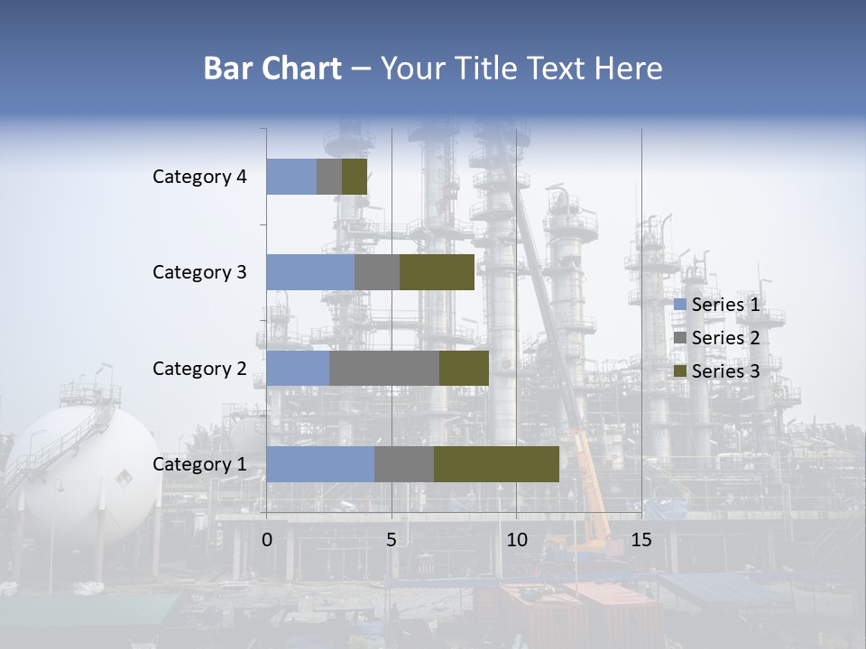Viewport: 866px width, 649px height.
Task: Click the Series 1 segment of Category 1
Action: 319,464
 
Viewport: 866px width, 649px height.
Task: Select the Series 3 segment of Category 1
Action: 496,464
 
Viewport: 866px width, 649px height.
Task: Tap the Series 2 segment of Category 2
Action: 384,369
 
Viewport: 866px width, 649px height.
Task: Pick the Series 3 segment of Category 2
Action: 464,369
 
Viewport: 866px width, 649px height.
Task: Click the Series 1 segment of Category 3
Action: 309,272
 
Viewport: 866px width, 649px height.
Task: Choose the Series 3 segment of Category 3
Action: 437,272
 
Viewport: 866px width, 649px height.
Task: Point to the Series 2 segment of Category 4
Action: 329,177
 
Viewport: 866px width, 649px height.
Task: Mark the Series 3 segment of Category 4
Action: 355,177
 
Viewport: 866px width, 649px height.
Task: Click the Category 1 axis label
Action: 198,464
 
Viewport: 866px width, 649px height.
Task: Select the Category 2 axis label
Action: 198,369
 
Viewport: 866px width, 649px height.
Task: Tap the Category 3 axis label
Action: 198,272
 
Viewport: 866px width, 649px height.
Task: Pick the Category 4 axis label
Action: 198,177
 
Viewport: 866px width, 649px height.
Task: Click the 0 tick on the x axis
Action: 266,540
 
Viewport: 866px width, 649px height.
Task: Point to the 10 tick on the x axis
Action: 516,540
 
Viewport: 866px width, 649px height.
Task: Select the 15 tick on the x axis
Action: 640,540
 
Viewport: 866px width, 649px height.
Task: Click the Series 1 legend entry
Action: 717,305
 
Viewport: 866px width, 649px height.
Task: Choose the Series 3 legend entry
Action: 717,371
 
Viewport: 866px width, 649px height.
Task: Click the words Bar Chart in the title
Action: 272,69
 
